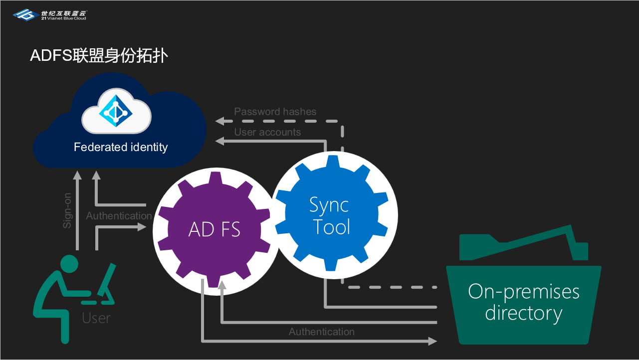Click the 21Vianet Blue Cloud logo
pyautogui.click(x=49, y=15)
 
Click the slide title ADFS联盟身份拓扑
pyautogui.click(x=99, y=55)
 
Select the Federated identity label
pyautogui.click(x=121, y=147)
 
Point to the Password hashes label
pyautogui.click(x=275, y=112)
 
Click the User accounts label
pyautogui.click(x=267, y=132)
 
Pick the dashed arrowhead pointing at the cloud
pyautogui.click(x=219, y=121)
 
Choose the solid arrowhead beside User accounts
pyautogui.click(x=219, y=142)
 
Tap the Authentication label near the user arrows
pyautogui.click(x=119, y=216)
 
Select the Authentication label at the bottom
pyautogui.click(x=321, y=332)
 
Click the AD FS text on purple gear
pyautogui.click(x=214, y=229)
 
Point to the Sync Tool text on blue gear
pyautogui.click(x=329, y=215)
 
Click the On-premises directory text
pyautogui.click(x=524, y=302)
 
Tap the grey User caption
pyautogui.click(x=96, y=318)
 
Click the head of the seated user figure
pyautogui.click(x=69, y=263)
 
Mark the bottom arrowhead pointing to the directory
pyautogui.click(x=432, y=341)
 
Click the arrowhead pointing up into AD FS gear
pyautogui.click(x=222, y=285)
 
